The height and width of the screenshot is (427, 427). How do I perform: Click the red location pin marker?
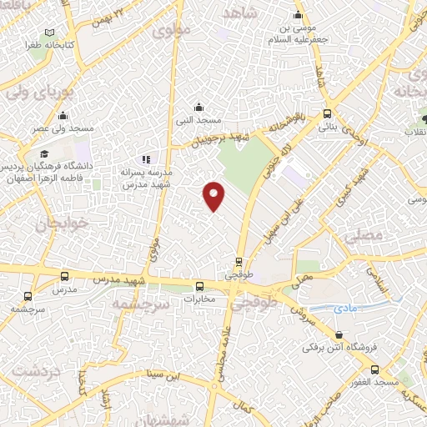tap(214, 195)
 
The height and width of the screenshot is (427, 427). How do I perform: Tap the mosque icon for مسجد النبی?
tap(198, 107)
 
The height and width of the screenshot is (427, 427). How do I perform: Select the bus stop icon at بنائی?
tap(327, 115)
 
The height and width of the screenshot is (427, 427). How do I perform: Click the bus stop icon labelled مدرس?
tap(64, 276)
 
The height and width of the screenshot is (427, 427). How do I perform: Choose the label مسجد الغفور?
tap(396, 380)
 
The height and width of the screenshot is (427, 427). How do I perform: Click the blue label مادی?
tap(344, 309)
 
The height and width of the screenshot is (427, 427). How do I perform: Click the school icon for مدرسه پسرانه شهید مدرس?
tap(146, 158)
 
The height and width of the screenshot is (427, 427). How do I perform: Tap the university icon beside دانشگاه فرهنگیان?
tap(43, 153)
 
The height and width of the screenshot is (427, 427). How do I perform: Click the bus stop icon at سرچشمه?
tap(28, 295)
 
